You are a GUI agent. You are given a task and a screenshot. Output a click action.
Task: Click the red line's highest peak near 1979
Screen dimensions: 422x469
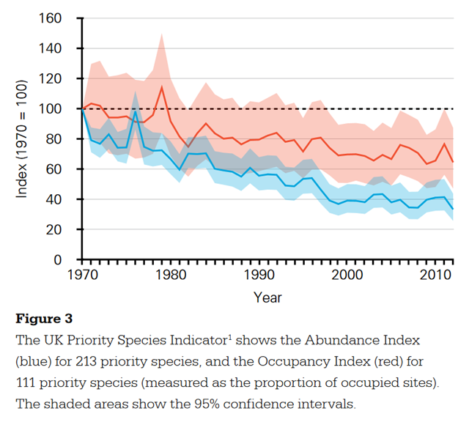tap(161, 87)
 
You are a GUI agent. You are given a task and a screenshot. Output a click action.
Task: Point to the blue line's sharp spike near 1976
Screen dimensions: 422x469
tap(136, 111)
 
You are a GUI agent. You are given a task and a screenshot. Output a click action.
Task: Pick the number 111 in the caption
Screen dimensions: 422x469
tap(29, 382)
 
